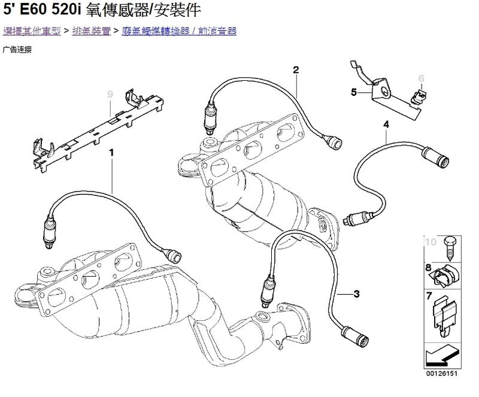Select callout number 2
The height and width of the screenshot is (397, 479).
tap(296, 70)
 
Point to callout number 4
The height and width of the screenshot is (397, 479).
tap(386, 124)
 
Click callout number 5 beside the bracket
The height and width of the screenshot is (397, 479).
tap(354, 92)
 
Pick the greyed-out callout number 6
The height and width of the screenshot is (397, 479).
tap(421, 78)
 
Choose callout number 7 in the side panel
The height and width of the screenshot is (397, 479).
tap(429, 295)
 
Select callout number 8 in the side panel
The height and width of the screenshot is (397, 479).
tap(429, 266)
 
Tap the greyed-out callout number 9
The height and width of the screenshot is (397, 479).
tap(110, 94)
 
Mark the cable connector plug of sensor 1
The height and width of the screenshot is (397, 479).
tap(174, 256)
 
